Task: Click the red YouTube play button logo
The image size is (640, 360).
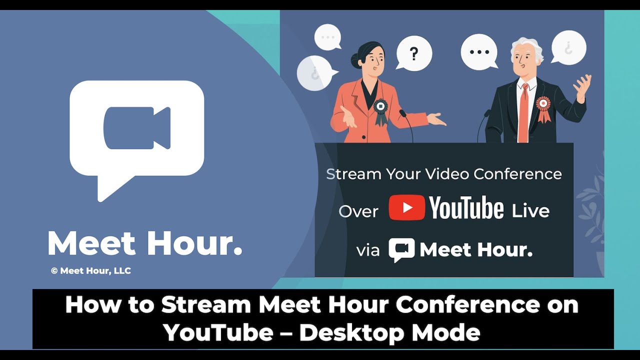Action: click(x=406, y=207)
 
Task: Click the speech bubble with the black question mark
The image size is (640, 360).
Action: click(x=414, y=53)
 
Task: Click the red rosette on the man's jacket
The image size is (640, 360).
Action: click(x=543, y=106)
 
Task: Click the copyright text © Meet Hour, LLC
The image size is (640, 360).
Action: click(x=90, y=271)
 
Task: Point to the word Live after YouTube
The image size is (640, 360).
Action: click(x=530, y=210)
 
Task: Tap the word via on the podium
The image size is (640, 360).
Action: click(x=368, y=250)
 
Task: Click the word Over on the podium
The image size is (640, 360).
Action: click(x=358, y=211)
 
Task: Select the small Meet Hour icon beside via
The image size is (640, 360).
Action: click(x=401, y=249)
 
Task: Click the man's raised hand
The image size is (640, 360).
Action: click(x=582, y=86)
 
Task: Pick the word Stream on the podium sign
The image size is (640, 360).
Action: click(x=353, y=174)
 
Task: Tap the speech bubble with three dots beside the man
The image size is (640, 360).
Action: click(x=479, y=52)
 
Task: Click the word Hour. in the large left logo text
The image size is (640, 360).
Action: click(x=195, y=243)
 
